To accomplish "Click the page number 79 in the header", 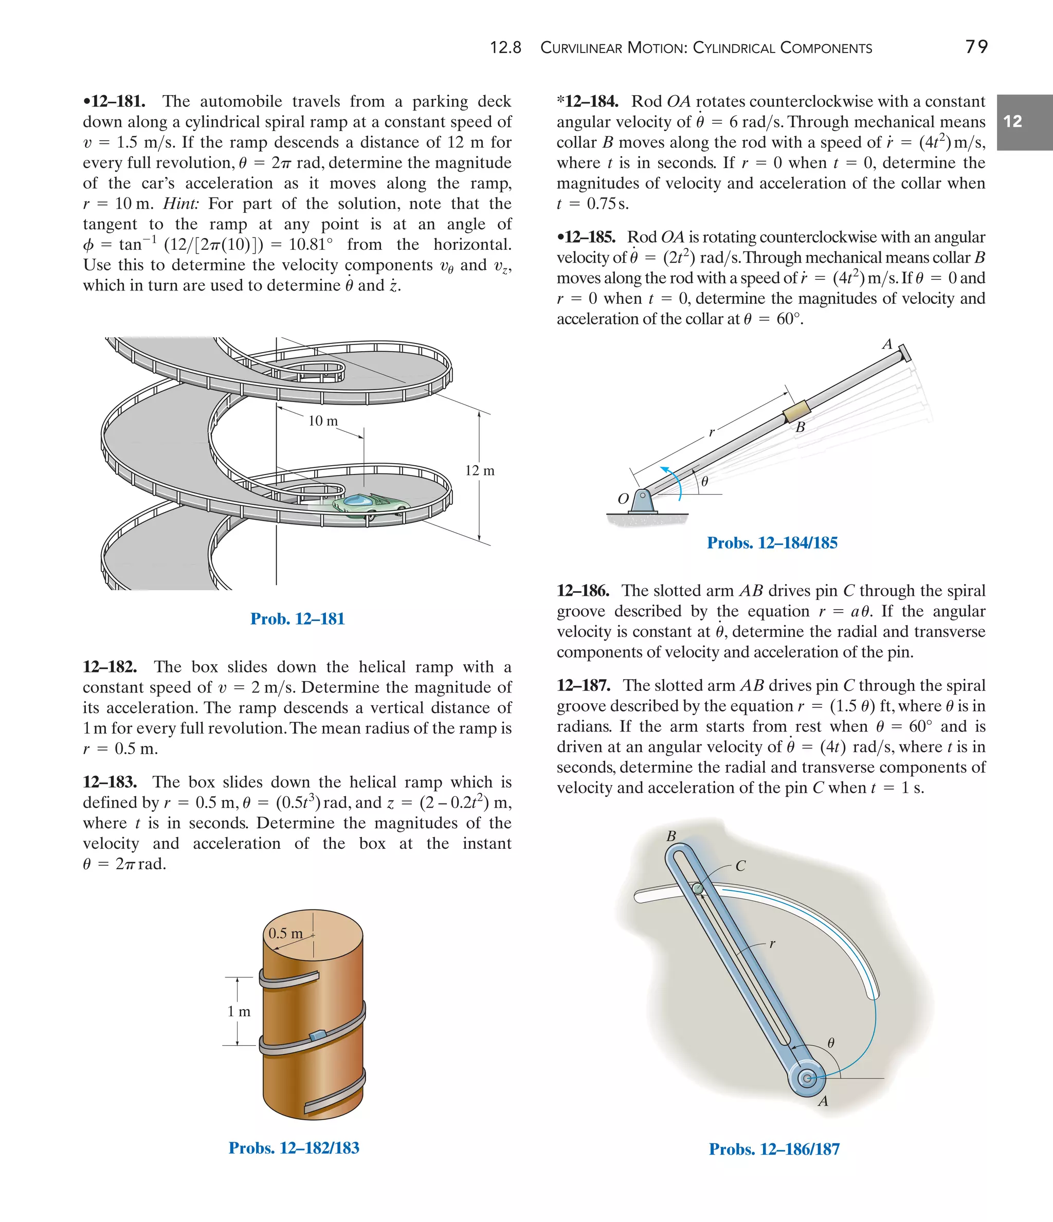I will tap(976, 47).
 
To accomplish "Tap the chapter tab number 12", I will tap(1012, 121).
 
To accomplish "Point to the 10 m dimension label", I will tap(323, 421).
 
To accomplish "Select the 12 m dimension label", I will tap(480, 470).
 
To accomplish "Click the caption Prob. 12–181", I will tap(297, 618).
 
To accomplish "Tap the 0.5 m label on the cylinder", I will tap(285, 934).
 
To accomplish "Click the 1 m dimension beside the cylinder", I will tap(239, 1011).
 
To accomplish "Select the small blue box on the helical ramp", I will tap(317, 1035).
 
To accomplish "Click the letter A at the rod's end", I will tap(886, 344).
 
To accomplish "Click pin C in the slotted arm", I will tap(697, 888).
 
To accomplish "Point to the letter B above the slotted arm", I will tap(671, 836).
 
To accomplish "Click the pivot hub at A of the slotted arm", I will tap(806, 1079).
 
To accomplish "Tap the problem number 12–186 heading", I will tap(583, 591).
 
